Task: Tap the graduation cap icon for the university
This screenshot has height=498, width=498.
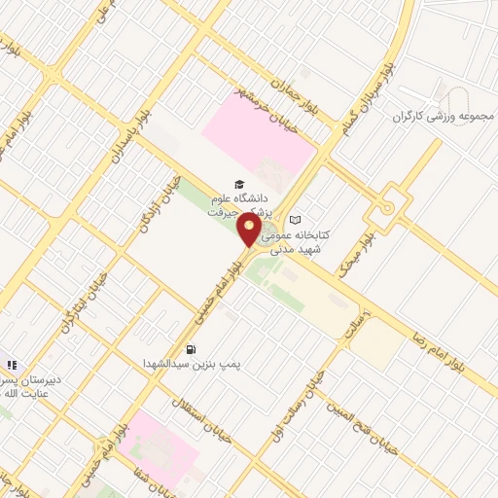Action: pyautogui.click(x=238, y=184)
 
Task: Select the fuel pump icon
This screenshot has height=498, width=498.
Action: pyautogui.click(x=192, y=349)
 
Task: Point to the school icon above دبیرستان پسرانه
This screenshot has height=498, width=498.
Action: pyautogui.click(x=12, y=365)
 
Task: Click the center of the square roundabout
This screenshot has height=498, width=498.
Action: pyautogui.click(x=388, y=207)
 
